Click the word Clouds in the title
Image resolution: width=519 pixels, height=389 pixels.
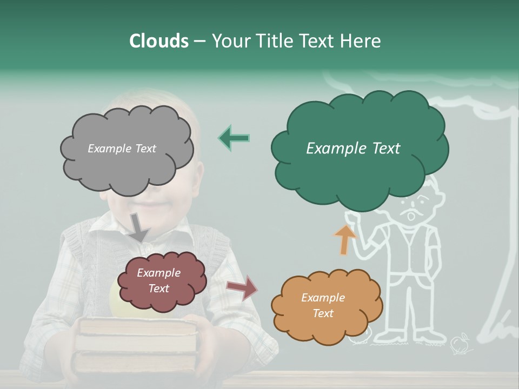pyautogui.click(x=158, y=41)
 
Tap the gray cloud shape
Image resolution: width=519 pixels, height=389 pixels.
pyautogui.click(x=127, y=162)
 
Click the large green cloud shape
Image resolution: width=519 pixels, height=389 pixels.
pyautogui.click(x=360, y=130)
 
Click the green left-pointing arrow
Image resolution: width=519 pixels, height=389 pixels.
pyautogui.click(x=234, y=138)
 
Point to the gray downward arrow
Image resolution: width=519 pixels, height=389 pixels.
pyautogui.click(x=139, y=227)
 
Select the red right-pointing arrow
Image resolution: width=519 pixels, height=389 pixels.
pyautogui.click(x=242, y=288)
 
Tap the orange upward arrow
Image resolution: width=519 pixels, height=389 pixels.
pyautogui.click(x=345, y=239)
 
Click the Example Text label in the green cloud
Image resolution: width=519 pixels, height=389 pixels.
pyautogui.click(x=353, y=149)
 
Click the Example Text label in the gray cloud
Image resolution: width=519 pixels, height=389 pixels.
pyautogui.click(x=122, y=149)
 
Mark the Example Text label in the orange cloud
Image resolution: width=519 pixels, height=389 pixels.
pyautogui.click(x=323, y=305)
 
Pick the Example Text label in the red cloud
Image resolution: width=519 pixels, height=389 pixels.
pyautogui.click(x=158, y=280)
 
